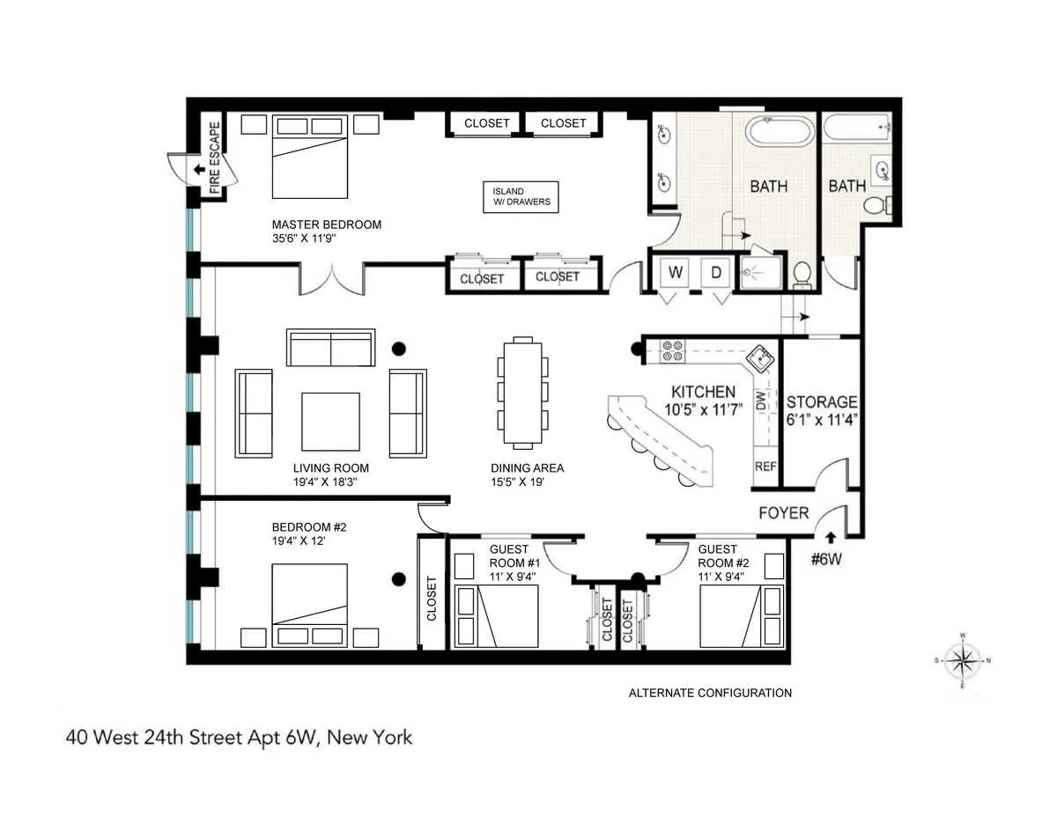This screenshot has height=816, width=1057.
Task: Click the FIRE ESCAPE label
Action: tap(215, 158)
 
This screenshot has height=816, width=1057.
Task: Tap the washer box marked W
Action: tap(676, 273)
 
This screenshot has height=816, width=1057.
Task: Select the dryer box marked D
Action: tap(716, 273)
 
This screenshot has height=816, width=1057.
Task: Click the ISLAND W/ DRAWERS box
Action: tap(521, 196)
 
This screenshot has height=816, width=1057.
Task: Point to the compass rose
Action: tap(965, 659)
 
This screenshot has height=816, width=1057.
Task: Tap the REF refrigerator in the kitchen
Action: tap(765, 467)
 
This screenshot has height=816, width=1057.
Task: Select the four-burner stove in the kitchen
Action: tap(673, 351)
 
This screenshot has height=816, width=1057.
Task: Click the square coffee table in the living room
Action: tap(330, 422)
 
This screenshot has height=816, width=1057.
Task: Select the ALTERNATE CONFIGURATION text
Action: tap(710, 693)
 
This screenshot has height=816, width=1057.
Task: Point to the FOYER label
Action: tap(784, 512)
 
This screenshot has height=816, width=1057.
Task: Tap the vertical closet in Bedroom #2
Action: tap(432, 598)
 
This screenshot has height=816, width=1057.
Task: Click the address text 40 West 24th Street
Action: tap(239, 737)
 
